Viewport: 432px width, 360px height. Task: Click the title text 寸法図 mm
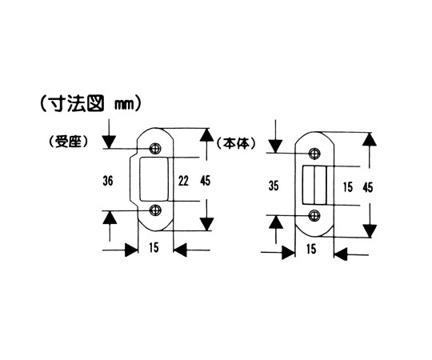tap(91, 104)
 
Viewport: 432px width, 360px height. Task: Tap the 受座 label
tap(69, 142)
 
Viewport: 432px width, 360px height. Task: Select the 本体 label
tap(236, 143)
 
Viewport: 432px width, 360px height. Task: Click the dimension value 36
tap(108, 181)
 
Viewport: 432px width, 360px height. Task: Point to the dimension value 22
tap(183, 181)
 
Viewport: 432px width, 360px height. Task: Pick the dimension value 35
tap(274, 186)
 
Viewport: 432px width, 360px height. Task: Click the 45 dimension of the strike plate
tap(206, 181)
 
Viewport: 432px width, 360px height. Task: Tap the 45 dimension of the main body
tap(368, 188)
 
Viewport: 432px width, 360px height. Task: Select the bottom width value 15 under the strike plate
tap(154, 247)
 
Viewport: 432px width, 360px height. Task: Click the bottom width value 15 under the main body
tap(311, 249)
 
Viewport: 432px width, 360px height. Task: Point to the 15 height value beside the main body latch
tap(348, 187)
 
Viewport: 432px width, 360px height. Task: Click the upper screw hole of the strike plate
tap(155, 149)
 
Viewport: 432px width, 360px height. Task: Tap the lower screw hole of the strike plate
tap(155, 210)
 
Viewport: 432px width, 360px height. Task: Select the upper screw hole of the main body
tap(314, 153)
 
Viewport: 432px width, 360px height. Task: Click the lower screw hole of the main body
tap(314, 215)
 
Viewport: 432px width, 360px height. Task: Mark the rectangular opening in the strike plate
tap(154, 179)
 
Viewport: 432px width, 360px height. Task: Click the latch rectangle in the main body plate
tap(314, 185)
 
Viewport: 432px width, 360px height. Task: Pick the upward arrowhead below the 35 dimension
tap(276, 222)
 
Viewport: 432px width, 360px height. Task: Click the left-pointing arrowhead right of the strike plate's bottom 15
tap(180, 250)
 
